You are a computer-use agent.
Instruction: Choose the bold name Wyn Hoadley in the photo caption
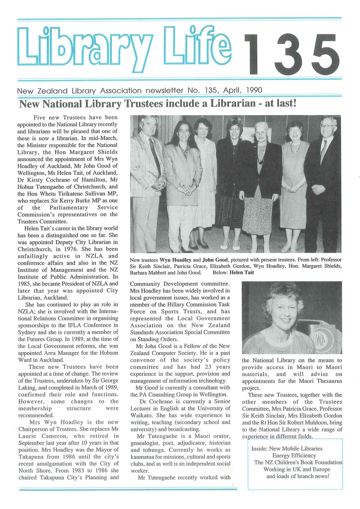(x=175, y=260)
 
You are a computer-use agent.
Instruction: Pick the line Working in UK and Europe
(x=297, y=469)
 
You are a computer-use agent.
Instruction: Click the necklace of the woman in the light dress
(x=296, y=147)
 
